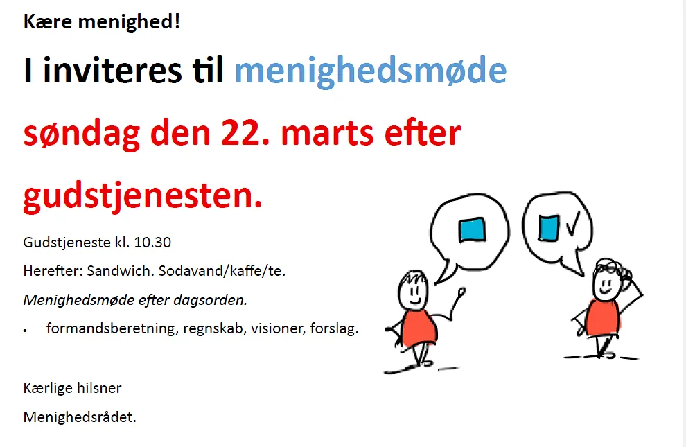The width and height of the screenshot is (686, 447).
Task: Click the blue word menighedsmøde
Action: pyautogui.click(x=370, y=71)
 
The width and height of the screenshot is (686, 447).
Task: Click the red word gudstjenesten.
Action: pyautogui.click(x=143, y=197)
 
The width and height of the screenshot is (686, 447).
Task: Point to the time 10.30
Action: pyautogui.click(x=152, y=243)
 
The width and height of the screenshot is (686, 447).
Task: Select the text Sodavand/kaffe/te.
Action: pyautogui.click(x=222, y=271)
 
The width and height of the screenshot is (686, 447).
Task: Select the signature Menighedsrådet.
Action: pyautogui.click(x=80, y=417)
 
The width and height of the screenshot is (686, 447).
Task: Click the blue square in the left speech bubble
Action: pyautogui.click(x=472, y=229)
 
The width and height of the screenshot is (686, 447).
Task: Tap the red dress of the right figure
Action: pyautogui.click(x=604, y=317)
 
